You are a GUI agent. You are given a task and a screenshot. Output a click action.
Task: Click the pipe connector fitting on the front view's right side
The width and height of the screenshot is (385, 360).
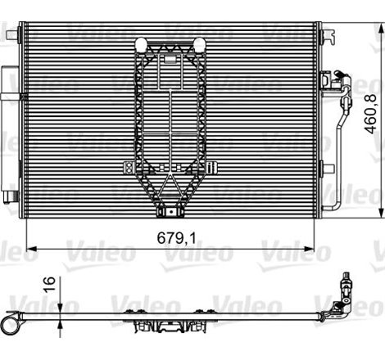click(x=337, y=82)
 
